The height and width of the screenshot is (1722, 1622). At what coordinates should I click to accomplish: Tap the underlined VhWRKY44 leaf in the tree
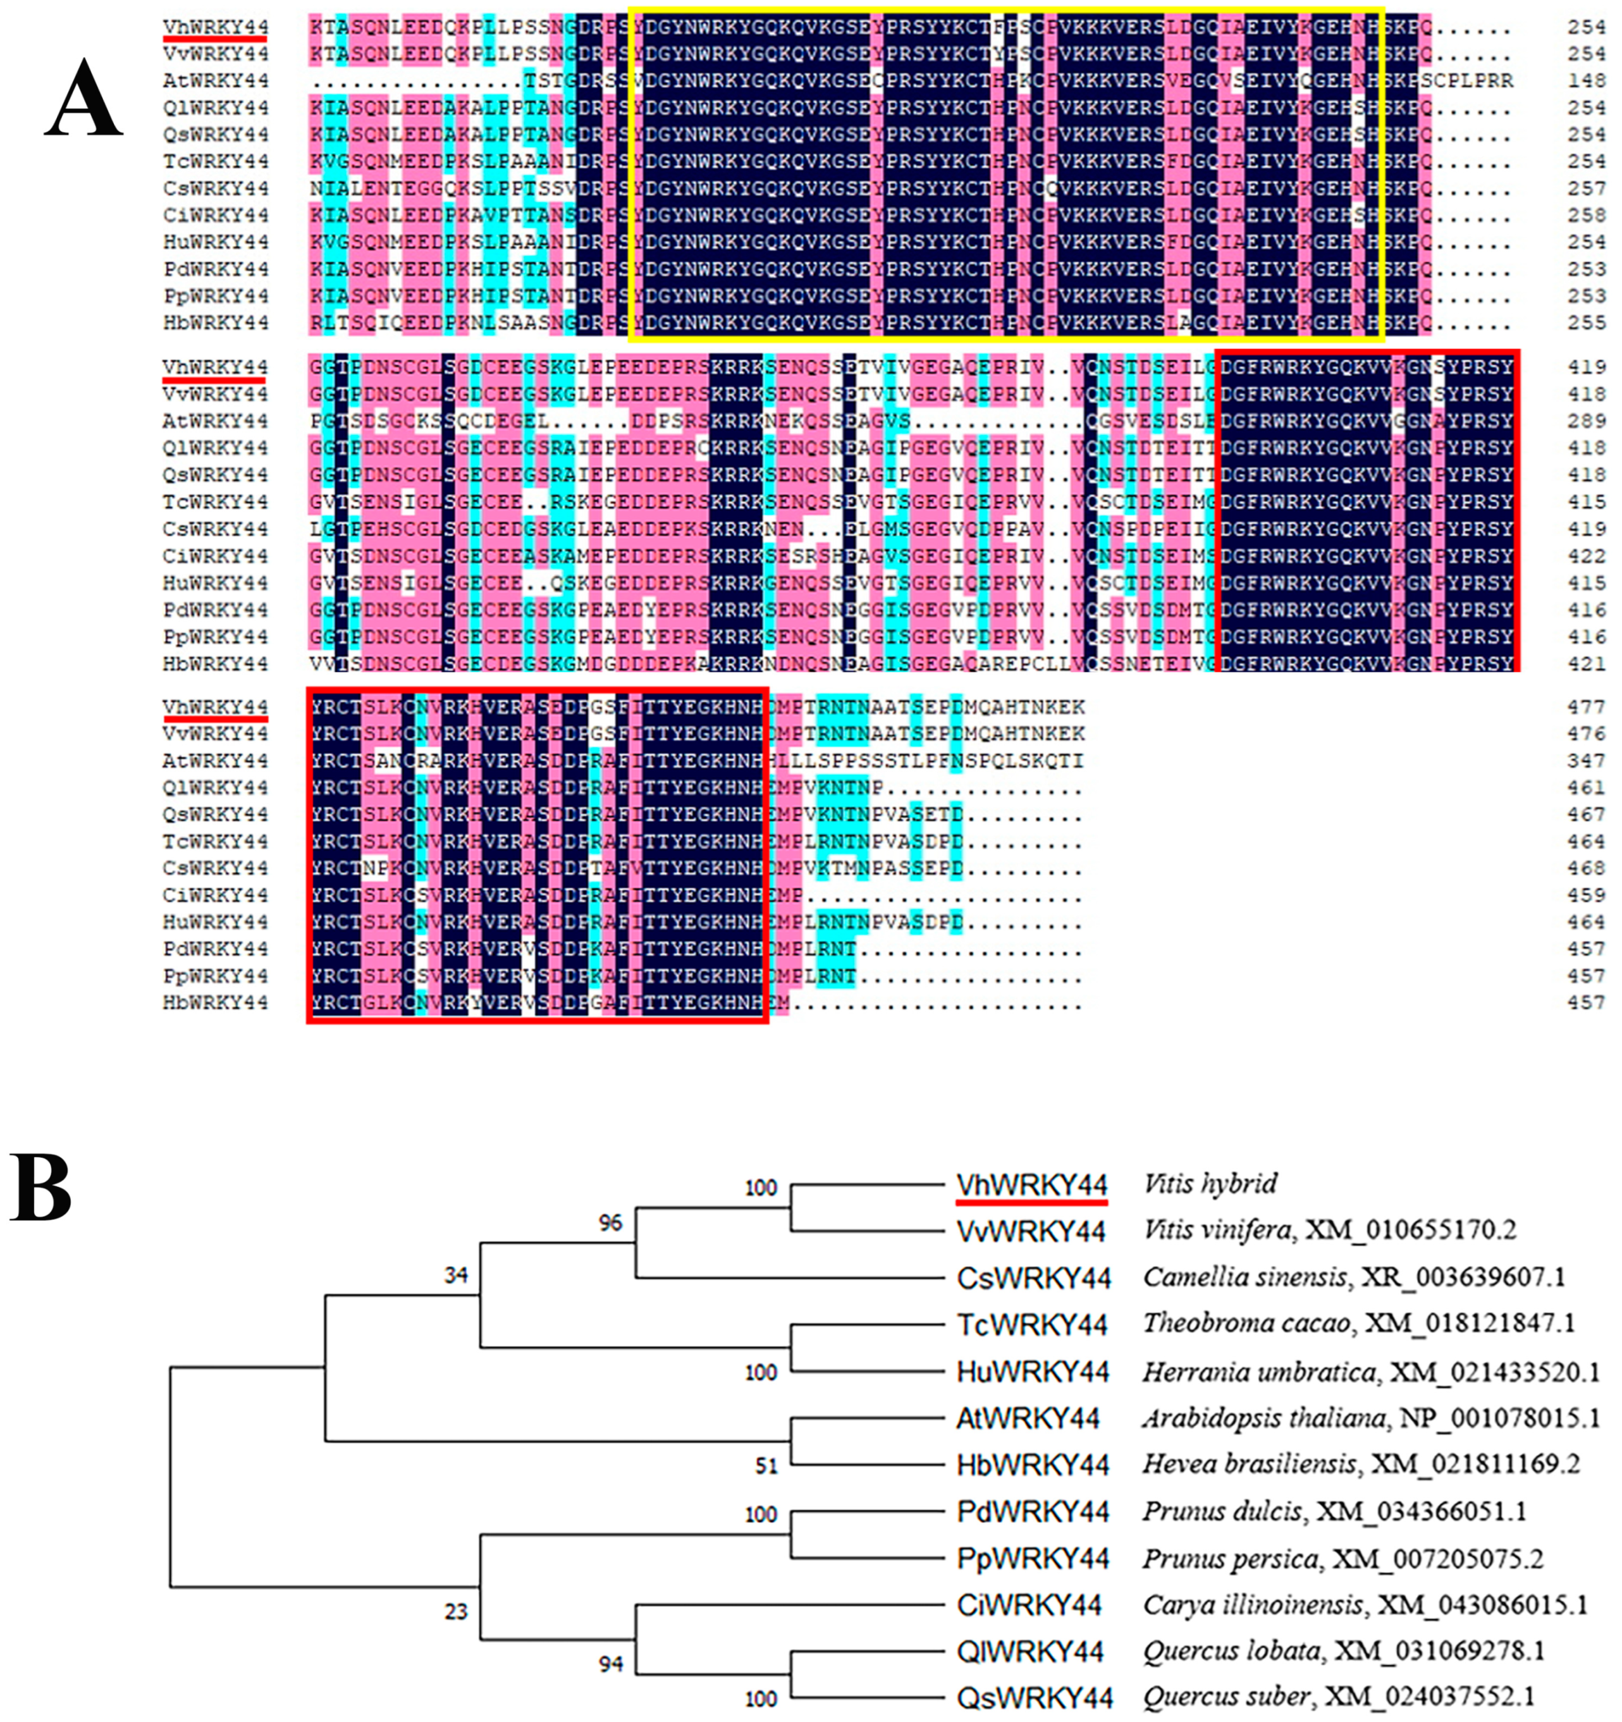click(x=1031, y=1184)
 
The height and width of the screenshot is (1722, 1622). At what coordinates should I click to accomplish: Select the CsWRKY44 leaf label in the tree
click(x=1032, y=1277)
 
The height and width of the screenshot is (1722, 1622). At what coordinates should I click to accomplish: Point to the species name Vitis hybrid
click(x=1210, y=1184)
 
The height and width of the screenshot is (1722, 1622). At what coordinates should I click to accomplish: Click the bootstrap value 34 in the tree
click(x=455, y=1275)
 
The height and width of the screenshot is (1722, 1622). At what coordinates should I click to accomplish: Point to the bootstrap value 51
click(x=766, y=1466)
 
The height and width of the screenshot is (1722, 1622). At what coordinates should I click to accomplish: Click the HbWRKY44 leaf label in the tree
click(x=1032, y=1465)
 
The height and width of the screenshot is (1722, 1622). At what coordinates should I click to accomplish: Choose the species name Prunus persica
click(x=1230, y=1559)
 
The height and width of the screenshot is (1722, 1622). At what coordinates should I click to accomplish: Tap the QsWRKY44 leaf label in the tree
click(x=1034, y=1698)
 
